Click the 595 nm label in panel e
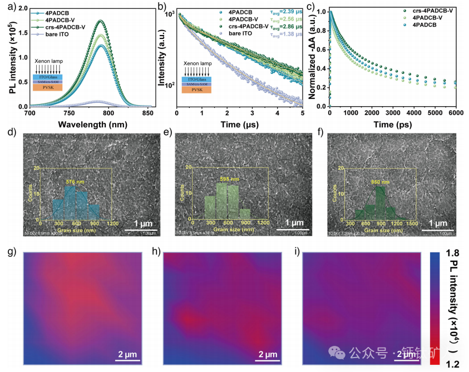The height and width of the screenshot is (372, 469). coord(229,179)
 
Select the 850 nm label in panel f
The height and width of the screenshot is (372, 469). coord(378,182)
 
